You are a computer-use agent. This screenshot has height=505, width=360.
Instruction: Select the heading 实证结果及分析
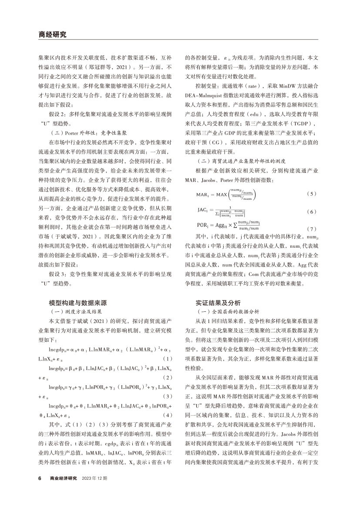[218, 303]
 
